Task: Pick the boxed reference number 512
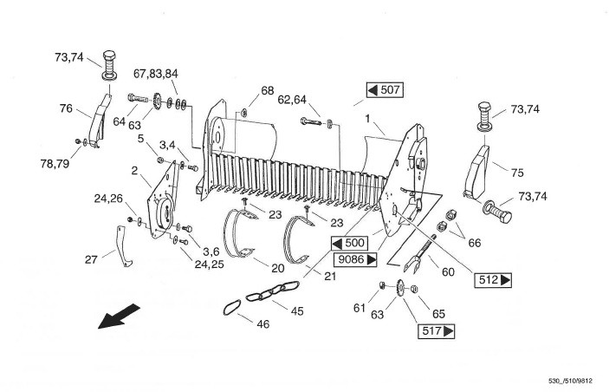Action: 492,279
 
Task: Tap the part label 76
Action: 66,109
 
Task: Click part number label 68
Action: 267,91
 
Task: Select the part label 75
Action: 518,172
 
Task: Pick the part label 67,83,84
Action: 156,73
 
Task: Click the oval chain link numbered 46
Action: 229,307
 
